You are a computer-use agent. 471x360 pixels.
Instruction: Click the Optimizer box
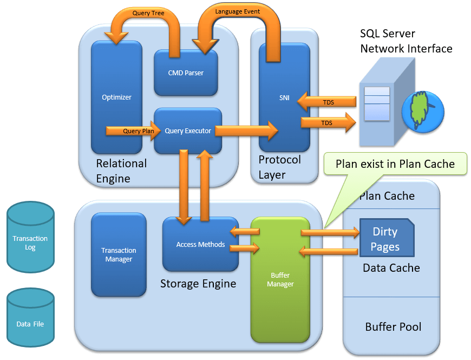pyautogui.click(x=116, y=97)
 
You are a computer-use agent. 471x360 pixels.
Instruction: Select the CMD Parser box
pyautogui.click(x=186, y=73)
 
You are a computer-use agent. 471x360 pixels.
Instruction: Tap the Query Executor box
pyautogui.click(x=188, y=130)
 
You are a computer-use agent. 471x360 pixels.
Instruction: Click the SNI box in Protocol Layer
pyautogui.click(x=284, y=97)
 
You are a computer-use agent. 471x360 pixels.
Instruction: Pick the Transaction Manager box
pyautogui.click(x=119, y=255)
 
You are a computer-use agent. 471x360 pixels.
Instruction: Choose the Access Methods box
pyautogui.click(x=200, y=245)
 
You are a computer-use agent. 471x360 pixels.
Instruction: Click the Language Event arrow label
pyautogui.click(x=237, y=11)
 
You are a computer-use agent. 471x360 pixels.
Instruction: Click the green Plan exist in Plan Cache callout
pyautogui.click(x=395, y=164)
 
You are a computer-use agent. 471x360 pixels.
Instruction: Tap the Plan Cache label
pyautogui.click(x=387, y=196)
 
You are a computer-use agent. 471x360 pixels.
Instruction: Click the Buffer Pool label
pyautogui.click(x=393, y=327)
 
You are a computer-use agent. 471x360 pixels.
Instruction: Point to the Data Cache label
pyautogui.click(x=391, y=268)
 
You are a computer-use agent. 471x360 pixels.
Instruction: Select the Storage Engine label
pyautogui.click(x=198, y=284)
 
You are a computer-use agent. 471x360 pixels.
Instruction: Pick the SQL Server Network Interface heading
pyautogui.click(x=406, y=41)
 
